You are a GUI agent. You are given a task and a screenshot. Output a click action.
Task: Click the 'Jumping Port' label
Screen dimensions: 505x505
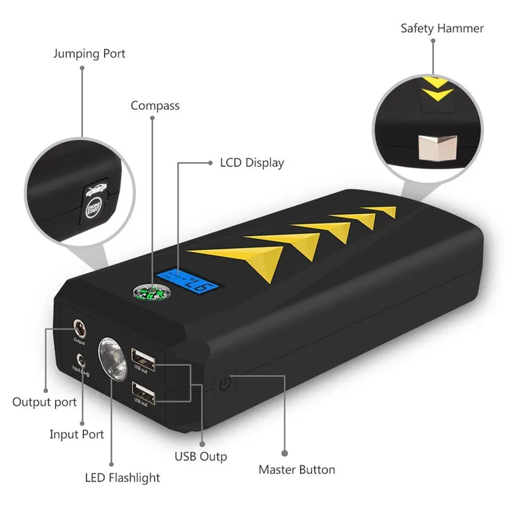click(89, 54)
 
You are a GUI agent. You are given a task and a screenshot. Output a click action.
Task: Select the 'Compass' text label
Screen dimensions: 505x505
click(155, 105)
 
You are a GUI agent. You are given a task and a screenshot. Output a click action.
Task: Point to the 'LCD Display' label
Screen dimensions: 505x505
click(252, 163)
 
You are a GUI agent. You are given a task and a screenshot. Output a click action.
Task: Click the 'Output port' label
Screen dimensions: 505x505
click(44, 402)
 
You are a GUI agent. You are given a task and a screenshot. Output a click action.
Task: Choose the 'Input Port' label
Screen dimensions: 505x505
click(76, 434)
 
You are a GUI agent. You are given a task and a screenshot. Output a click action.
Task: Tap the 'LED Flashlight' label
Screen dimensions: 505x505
click(122, 477)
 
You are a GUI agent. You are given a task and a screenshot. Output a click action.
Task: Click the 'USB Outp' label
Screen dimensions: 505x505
click(200, 456)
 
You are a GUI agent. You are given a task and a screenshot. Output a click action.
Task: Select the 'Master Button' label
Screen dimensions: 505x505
click(297, 470)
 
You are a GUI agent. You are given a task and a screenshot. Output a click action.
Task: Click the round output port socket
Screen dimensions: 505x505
click(80, 328)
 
